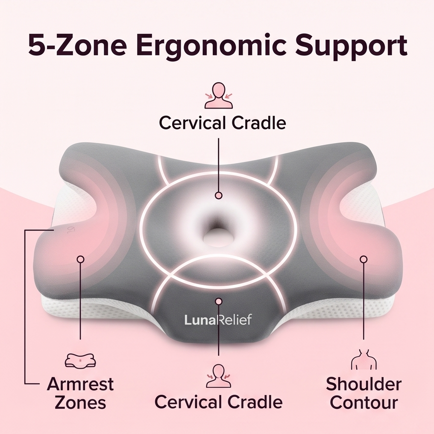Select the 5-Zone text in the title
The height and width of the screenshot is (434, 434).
(77, 45)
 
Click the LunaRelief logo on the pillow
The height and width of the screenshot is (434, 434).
(218, 320)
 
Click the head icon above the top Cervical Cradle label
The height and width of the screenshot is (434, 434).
(219, 96)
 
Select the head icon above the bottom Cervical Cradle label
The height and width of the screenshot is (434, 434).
(219, 376)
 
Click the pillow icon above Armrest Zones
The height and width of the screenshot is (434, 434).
(80, 360)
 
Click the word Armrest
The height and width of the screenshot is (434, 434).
(80, 384)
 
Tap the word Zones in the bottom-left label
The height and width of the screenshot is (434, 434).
(80, 402)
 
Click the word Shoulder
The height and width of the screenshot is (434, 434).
(364, 384)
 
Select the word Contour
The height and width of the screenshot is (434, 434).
(364, 402)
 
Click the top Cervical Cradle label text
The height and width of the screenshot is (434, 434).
(222, 123)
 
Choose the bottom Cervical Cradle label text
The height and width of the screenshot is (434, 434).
(218, 402)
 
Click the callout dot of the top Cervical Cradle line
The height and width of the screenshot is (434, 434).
(219, 195)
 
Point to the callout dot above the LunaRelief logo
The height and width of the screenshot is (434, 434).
(219, 301)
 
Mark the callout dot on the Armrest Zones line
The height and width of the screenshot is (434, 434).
(81, 259)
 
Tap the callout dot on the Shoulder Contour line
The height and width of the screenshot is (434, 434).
(364, 259)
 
